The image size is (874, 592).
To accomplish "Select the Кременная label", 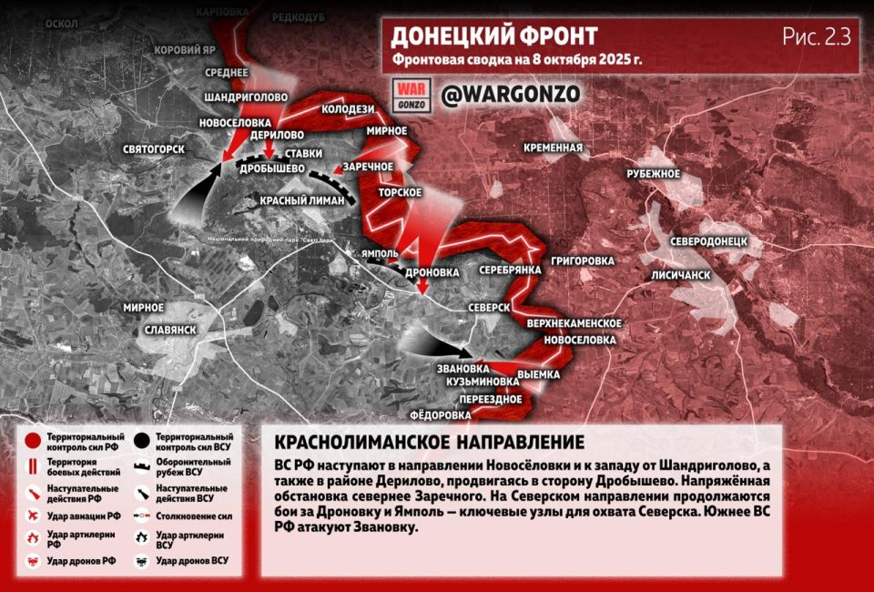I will coord(553,148).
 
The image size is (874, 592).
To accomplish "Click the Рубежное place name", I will coord(654,173).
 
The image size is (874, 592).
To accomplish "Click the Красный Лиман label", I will coord(301,200).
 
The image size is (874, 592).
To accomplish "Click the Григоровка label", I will coord(582,260).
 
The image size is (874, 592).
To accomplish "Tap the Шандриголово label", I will coord(246,97).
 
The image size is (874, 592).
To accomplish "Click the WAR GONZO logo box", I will coord(410,95).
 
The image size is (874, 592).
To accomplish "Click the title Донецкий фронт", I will coord(494,36).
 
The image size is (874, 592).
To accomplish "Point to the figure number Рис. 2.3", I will coord(815,36).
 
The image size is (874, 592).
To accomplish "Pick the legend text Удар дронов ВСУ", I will coord(191,560).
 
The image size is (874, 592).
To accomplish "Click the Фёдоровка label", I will coord(441,414).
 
